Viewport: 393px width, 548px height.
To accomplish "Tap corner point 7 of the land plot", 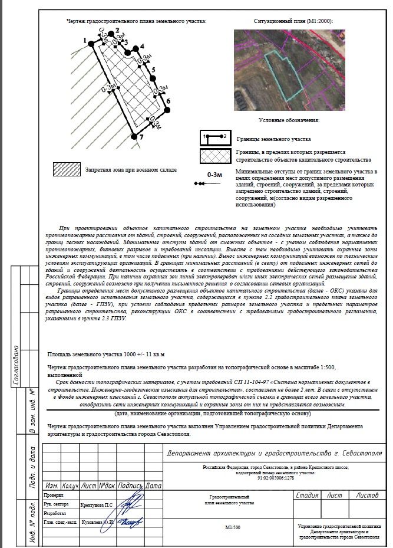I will pos(134,136).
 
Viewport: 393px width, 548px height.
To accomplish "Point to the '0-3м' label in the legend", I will pos(214,175).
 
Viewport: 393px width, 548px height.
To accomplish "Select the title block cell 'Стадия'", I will pos(308,496).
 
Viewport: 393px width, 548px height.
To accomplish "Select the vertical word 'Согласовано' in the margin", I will pos(16,366).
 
